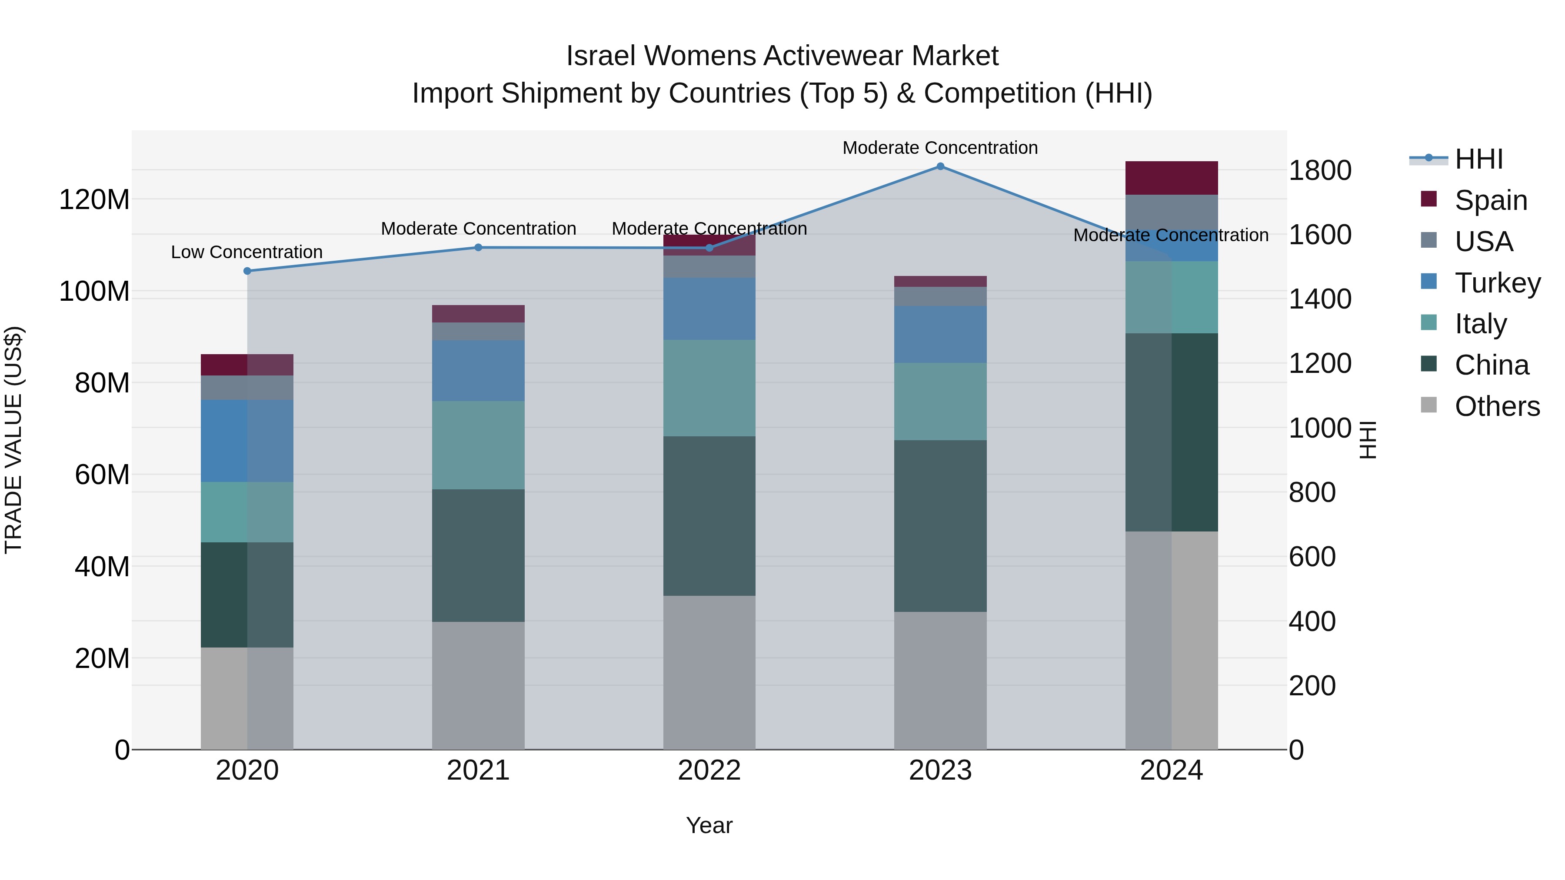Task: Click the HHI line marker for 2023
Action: pyautogui.click(x=940, y=166)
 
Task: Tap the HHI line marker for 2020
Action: pyautogui.click(x=247, y=271)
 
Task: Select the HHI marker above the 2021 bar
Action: pyautogui.click(x=478, y=247)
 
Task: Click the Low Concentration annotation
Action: pyautogui.click(x=246, y=252)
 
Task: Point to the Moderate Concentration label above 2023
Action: pyautogui.click(x=940, y=148)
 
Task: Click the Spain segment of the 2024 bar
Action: pyautogui.click(x=1171, y=178)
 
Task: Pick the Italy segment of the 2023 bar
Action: pyautogui.click(x=940, y=402)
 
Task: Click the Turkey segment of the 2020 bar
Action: pyautogui.click(x=247, y=441)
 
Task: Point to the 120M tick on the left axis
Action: pyautogui.click(x=94, y=200)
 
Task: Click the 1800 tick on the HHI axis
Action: pyautogui.click(x=1319, y=171)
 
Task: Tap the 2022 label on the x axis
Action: pyautogui.click(x=709, y=770)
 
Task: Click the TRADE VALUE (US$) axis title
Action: pyautogui.click(x=14, y=440)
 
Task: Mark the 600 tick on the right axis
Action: pyautogui.click(x=1312, y=557)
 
